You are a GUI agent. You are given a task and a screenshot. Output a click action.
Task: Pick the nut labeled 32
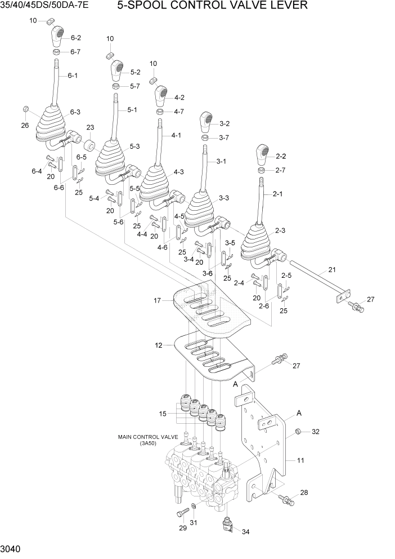pos(297,432)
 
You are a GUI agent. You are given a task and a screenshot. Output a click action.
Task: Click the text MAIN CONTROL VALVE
pos(148,437)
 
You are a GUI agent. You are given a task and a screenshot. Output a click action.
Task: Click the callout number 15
pos(163,414)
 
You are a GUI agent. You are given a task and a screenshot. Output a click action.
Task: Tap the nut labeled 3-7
pos(207,138)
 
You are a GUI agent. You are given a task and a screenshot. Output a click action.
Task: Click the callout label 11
pos(300,460)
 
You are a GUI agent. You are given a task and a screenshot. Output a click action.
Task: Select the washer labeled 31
pos(194,507)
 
